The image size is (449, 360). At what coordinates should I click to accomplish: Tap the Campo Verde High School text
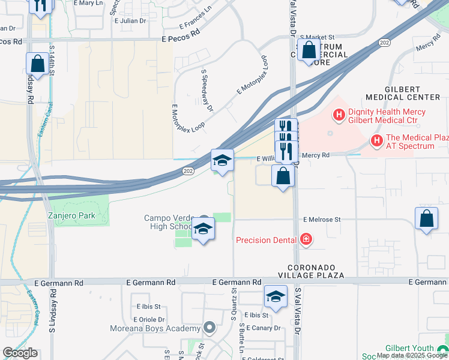[168, 222]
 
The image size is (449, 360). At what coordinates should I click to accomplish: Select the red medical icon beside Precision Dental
[306, 240]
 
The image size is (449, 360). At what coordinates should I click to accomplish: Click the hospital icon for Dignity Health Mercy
[339, 113]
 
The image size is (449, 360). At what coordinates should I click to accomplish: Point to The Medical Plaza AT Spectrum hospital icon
[377, 141]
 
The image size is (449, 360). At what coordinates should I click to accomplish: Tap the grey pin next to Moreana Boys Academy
[209, 328]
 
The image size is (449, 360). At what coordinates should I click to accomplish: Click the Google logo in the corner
[20, 353]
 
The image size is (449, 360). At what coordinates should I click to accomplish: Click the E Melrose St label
[322, 220]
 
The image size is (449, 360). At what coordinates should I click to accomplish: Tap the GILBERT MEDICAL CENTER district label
[404, 92]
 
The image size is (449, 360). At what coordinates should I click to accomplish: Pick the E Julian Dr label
[130, 20]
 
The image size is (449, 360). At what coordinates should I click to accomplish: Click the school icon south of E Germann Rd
[276, 296]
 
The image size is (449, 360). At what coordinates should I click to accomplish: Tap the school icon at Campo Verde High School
[203, 229]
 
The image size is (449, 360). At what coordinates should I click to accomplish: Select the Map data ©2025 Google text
[411, 355]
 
